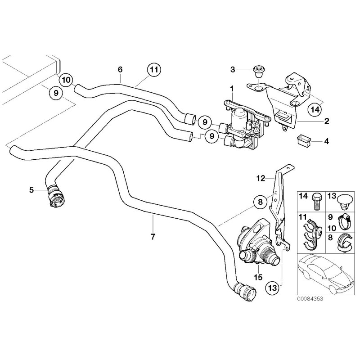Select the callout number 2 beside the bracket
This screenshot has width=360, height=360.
[327, 121]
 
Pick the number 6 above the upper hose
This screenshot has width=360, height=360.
[120, 70]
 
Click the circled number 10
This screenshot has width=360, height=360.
[66, 80]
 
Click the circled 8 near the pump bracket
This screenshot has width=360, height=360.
[260, 203]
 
